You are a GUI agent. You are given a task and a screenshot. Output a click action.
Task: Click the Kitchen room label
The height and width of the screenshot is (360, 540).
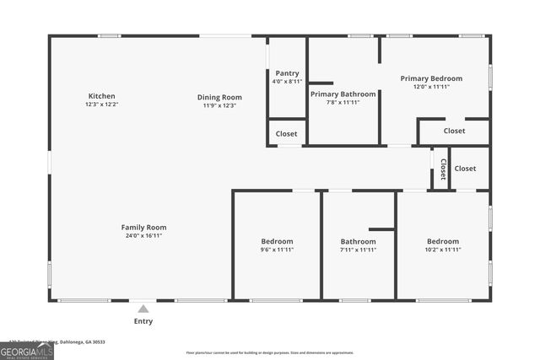pyautogui.click(x=101, y=96)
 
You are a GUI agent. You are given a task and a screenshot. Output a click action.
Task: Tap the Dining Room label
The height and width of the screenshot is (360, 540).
pyautogui.click(x=219, y=97)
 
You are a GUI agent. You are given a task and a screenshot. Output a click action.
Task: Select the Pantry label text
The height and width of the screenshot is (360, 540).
pyautogui.click(x=287, y=73)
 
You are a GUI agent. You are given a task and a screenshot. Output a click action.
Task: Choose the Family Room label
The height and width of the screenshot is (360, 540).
pyautogui.click(x=143, y=227)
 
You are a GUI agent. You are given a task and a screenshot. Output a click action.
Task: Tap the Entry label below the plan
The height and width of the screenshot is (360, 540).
pyautogui.click(x=143, y=321)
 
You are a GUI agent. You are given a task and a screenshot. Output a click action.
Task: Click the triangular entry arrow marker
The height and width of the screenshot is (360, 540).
pyautogui.click(x=143, y=309)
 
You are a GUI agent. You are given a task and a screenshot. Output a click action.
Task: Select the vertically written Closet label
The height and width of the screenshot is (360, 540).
pyautogui.click(x=442, y=169)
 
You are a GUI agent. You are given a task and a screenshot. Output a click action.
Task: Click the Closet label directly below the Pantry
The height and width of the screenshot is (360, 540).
pyautogui.click(x=286, y=133)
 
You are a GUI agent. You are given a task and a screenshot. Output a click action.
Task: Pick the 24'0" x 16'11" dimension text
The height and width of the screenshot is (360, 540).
pyautogui.click(x=143, y=236)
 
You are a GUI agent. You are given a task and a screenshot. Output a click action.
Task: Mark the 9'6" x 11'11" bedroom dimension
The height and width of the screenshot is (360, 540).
pyautogui.click(x=277, y=250)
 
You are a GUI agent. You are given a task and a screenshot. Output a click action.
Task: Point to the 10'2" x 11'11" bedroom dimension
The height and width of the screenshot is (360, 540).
pyautogui.click(x=442, y=250)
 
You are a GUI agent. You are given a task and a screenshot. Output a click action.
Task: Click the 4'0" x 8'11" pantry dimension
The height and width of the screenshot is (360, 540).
pyautogui.click(x=287, y=82)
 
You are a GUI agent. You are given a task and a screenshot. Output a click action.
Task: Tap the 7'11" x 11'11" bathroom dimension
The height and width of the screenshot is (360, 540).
pyautogui.click(x=358, y=250)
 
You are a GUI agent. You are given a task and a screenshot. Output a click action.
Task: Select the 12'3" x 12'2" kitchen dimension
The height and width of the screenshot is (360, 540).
pyautogui.click(x=101, y=105)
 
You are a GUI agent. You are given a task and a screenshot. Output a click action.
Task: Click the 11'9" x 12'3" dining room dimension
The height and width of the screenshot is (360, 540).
pyautogui.click(x=219, y=105)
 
